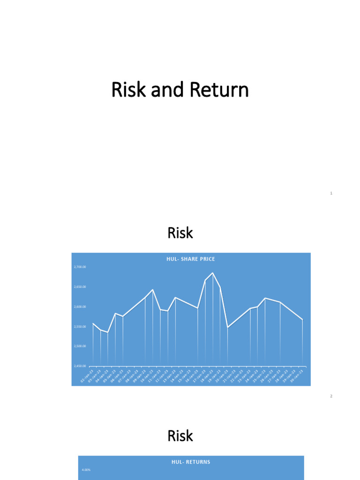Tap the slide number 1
tap(331, 193)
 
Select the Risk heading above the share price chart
tap(180, 233)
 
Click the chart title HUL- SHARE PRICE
tap(191, 259)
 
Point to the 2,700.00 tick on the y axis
tap(80, 267)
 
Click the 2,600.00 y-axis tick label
tap(80, 307)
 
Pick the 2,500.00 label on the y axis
tap(80, 346)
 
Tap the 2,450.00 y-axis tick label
tap(80, 366)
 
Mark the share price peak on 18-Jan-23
tap(213, 273)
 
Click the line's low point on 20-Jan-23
tap(228, 327)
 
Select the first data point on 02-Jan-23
tap(93, 323)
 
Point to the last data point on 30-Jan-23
tap(303, 320)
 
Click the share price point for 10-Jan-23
tap(153, 290)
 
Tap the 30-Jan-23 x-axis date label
tap(298, 376)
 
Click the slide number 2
tap(331, 396)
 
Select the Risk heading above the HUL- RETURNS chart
tap(180, 436)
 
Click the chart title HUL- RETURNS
tap(191, 462)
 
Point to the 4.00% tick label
tap(86, 470)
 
